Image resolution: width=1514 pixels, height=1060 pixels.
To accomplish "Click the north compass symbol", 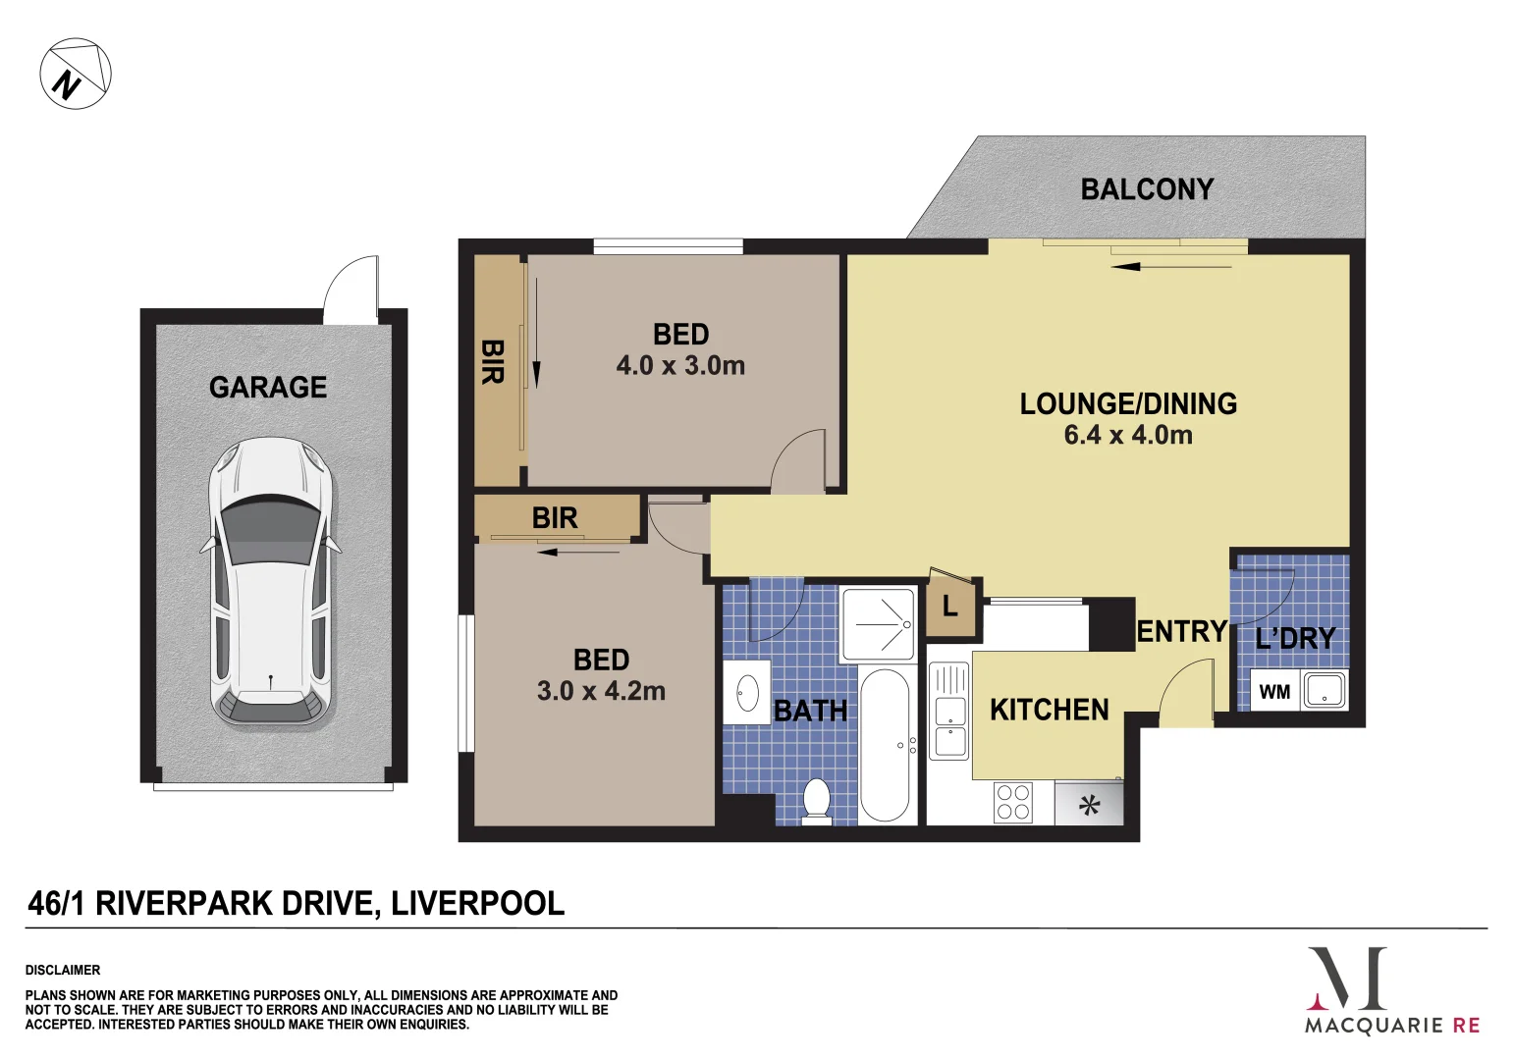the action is pos(76,73).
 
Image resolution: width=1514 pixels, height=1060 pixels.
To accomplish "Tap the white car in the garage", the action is pos(270,582).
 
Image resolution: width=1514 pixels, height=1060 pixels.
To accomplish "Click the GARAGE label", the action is pos(268,387).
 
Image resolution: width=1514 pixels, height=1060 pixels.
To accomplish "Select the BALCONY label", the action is pos(1147,189).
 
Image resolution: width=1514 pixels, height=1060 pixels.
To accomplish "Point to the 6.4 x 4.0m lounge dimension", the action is pos(1128,435).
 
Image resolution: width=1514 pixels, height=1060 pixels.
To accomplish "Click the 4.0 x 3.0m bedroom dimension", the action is pos(680,365).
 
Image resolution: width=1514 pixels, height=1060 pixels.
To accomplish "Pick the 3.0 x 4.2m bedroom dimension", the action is pos(601,691).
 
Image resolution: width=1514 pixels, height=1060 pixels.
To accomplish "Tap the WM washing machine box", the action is pos(1274,692).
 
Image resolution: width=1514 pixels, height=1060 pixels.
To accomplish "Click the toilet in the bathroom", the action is pos(817,802).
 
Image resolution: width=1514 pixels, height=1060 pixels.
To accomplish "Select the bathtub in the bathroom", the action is pos(885,745).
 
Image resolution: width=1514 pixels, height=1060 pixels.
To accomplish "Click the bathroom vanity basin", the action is pos(747,693).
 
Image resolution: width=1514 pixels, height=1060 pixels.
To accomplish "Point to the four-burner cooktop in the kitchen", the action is pos(1013,802).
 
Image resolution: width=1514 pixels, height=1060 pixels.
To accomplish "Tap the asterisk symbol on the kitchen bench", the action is pos(1089,805).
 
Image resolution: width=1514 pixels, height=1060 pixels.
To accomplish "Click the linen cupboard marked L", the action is pos(950,607).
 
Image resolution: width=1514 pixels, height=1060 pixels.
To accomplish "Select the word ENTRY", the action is pos(1181,632).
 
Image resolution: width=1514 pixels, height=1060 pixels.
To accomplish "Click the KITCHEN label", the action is pos(1049,710).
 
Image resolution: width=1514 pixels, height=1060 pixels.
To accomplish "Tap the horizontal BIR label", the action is pos(554,518).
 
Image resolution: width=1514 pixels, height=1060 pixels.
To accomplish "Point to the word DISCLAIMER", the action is pos(63,970).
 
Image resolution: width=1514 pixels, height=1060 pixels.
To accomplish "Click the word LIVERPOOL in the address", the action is pos(477,903).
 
